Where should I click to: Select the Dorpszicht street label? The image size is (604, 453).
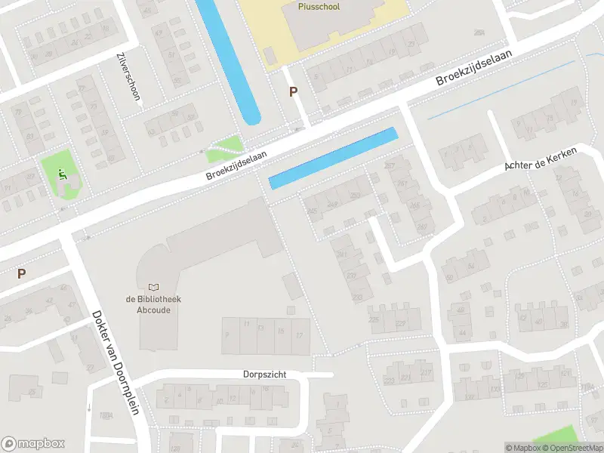click(x=265, y=374)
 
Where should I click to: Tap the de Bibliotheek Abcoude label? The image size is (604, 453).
click(x=154, y=304)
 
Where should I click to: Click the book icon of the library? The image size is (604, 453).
click(x=154, y=287)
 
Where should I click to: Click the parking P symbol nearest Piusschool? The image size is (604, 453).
click(x=293, y=92)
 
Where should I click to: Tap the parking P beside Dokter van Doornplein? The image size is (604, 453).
click(x=22, y=274)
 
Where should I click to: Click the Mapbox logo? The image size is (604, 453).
click(x=33, y=444)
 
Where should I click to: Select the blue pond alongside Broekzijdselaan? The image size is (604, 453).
click(x=333, y=158)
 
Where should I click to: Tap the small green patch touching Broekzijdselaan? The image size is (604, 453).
click(x=226, y=148)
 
